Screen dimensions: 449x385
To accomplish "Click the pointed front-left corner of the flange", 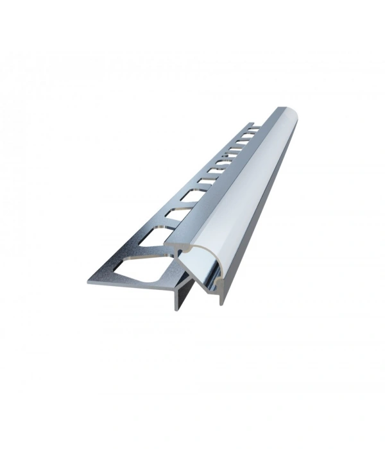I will pyautogui.click(x=88, y=282).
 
